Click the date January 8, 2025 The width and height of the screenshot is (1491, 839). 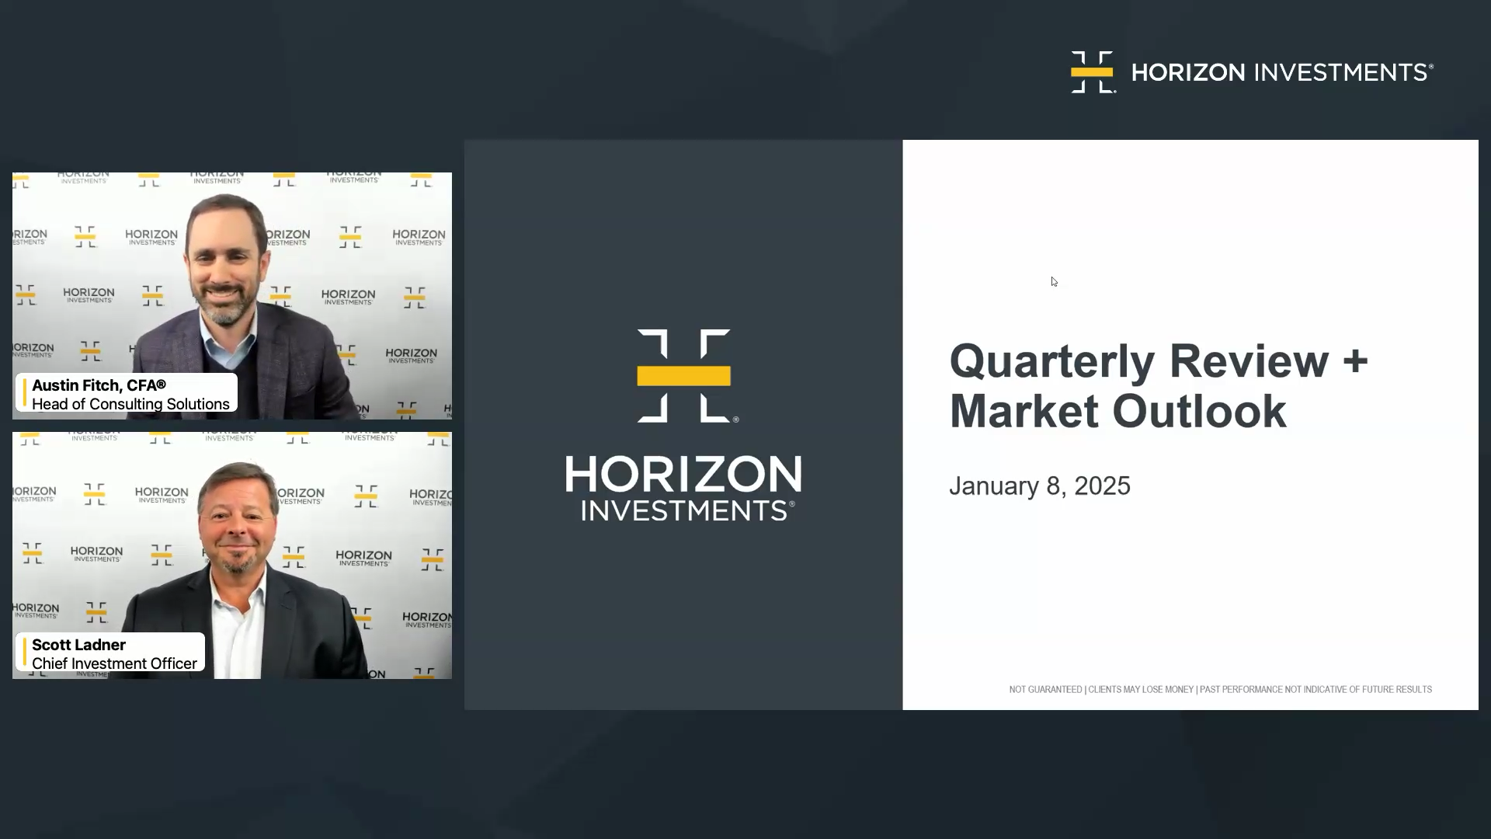pyautogui.click(x=1040, y=486)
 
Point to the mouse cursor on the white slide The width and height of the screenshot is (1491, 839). pyautogui.click(x=1055, y=282)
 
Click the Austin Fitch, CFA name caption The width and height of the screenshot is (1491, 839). pyautogui.click(x=99, y=385)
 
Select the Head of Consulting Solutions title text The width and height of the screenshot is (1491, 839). pyautogui.click(x=130, y=404)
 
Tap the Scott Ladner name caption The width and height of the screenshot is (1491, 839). pyautogui.click(x=78, y=645)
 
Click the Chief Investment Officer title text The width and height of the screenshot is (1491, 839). pyautogui.click(x=114, y=663)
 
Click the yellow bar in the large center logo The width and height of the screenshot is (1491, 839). pyautogui.click(x=683, y=376)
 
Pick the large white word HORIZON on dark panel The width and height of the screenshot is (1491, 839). pyautogui.click(x=683, y=474)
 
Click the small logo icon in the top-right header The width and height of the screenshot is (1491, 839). pyautogui.click(x=1093, y=72)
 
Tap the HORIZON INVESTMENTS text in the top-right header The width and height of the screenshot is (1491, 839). pyautogui.click(x=1282, y=72)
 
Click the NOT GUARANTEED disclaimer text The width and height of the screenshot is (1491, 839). pyautogui.click(x=1045, y=690)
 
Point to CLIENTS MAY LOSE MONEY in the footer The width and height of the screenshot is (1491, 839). pyautogui.click(x=1141, y=690)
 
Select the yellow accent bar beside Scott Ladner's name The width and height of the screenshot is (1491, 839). pyautogui.click(x=25, y=653)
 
